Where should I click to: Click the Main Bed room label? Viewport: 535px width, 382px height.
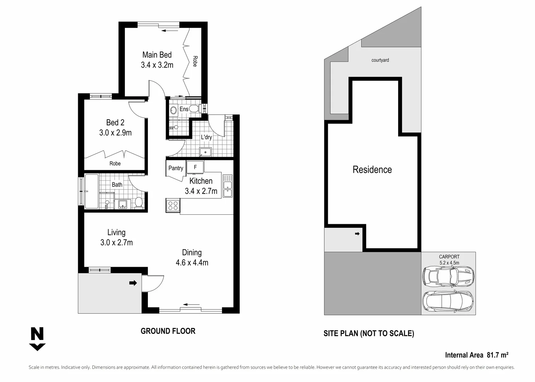pos(157,55)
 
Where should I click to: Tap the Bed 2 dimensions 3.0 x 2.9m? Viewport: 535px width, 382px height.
pos(115,133)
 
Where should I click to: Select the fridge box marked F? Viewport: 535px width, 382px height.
pos(195,167)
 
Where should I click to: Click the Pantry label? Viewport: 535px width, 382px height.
pos(176,168)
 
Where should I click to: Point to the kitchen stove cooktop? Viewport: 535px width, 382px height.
pos(173,205)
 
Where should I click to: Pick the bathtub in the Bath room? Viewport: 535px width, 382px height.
pos(91,191)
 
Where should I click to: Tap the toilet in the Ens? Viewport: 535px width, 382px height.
pos(194,108)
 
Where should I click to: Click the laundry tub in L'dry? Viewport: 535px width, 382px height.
pos(205,152)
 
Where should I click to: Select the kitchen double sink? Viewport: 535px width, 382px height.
pos(227,186)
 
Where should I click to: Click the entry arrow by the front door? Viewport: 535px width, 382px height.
pos(133,283)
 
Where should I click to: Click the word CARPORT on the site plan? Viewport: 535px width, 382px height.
pos(449,257)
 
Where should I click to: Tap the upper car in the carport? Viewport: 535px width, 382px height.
pos(448,276)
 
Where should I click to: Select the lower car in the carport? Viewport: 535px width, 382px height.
pos(448,301)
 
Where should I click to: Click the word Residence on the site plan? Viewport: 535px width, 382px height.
pos(372,170)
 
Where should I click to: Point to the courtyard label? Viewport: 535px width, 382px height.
pos(380,60)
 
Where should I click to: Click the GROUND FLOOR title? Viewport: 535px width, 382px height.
pos(168,331)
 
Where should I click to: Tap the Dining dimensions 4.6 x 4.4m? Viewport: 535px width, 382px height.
pos(192,262)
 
